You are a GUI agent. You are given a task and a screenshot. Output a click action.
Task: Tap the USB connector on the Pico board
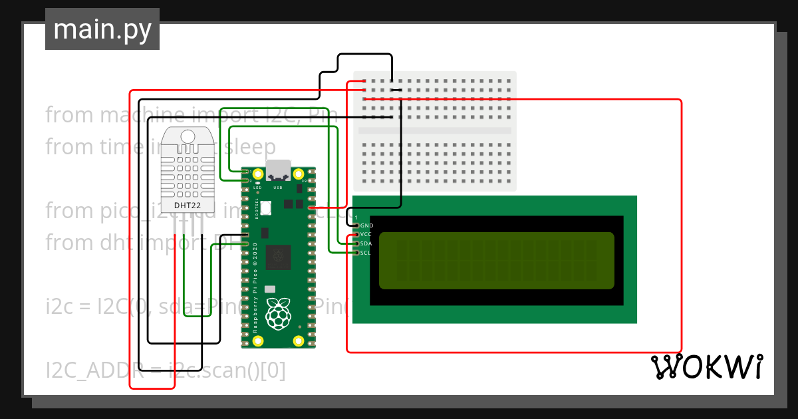click(278, 170)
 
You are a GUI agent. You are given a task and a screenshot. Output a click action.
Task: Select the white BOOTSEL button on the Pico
click(266, 208)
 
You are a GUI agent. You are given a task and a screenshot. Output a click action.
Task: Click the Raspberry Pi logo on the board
click(278, 314)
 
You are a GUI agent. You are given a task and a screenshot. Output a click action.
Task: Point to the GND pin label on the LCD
click(366, 226)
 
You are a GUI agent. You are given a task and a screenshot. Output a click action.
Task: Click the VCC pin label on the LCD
click(366, 235)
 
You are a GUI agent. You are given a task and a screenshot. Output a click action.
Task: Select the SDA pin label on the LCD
click(366, 243)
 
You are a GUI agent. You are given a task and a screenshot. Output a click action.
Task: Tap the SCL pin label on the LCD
click(366, 252)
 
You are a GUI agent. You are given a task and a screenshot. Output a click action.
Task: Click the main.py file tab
click(102, 29)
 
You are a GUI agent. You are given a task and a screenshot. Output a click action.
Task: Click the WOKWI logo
click(706, 367)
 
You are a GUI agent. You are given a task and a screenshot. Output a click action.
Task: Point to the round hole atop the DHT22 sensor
click(187, 137)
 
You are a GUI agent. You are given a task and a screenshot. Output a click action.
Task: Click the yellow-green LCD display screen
click(496, 261)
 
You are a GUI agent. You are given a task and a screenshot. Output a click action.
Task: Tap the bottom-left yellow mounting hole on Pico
click(257, 341)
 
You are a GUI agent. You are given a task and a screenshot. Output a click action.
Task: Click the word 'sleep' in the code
click(251, 146)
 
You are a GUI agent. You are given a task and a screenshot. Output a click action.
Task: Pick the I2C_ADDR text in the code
click(91, 370)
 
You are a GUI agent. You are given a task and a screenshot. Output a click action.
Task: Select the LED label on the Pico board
click(257, 188)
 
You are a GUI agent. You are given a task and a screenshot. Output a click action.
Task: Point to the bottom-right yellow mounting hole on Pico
click(299, 341)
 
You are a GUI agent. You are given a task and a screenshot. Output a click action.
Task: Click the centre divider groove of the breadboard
click(435, 131)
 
